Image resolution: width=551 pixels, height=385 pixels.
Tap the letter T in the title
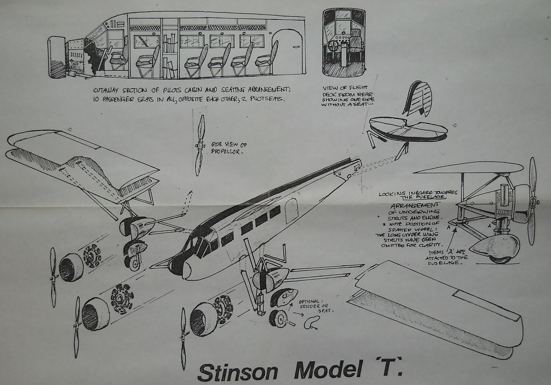[387, 370]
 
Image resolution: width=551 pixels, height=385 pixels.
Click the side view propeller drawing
[200, 146]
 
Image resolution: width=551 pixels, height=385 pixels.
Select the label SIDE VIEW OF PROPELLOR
[229, 148]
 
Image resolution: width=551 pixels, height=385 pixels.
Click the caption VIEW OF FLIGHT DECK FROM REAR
[346, 97]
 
